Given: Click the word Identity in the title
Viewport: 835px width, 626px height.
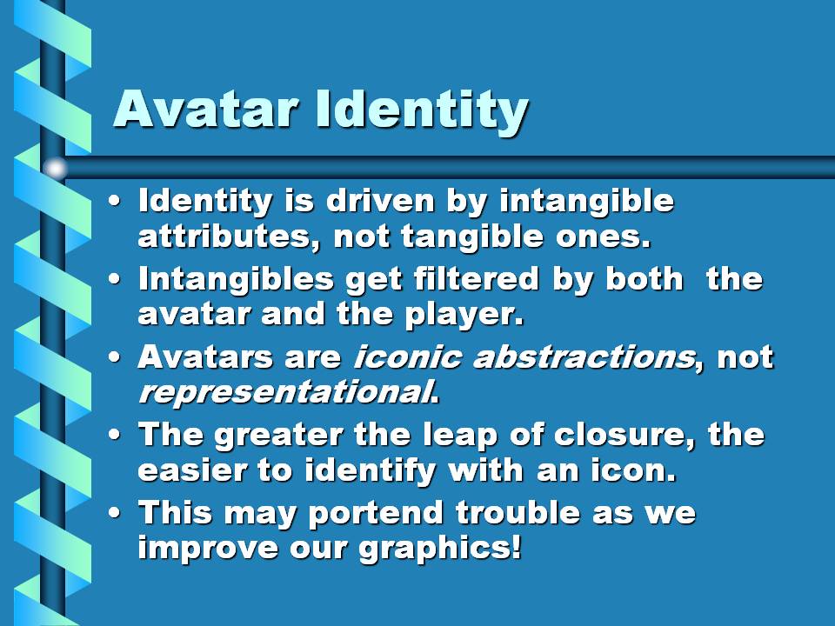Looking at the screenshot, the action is click(x=421, y=110).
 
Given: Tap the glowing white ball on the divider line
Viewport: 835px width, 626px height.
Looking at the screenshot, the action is click(x=55, y=168).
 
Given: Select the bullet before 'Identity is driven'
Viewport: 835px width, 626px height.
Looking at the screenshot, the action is click(x=114, y=203).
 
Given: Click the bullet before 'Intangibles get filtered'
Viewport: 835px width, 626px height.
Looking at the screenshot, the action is click(x=114, y=280).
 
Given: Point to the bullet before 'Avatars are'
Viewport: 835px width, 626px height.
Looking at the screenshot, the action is click(x=114, y=357).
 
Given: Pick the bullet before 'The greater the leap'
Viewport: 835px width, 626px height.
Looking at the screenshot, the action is click(x=114, y=436).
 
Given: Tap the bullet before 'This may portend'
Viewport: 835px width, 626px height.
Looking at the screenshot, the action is click(x=114, y=513).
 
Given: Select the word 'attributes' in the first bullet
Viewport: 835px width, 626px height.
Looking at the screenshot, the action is click(x=224, y=236).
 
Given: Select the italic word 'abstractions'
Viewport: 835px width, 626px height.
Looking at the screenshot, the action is click(x=584, y=356).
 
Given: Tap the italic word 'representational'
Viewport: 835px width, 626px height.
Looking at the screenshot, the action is click(x=284, y=393).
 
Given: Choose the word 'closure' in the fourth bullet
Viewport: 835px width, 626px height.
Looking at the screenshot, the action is click(x=618, y=435).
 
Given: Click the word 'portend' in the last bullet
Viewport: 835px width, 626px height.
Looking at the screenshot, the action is click(x=376, y=514).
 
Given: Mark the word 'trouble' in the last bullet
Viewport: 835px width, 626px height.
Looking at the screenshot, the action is click(x=518, y=513).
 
